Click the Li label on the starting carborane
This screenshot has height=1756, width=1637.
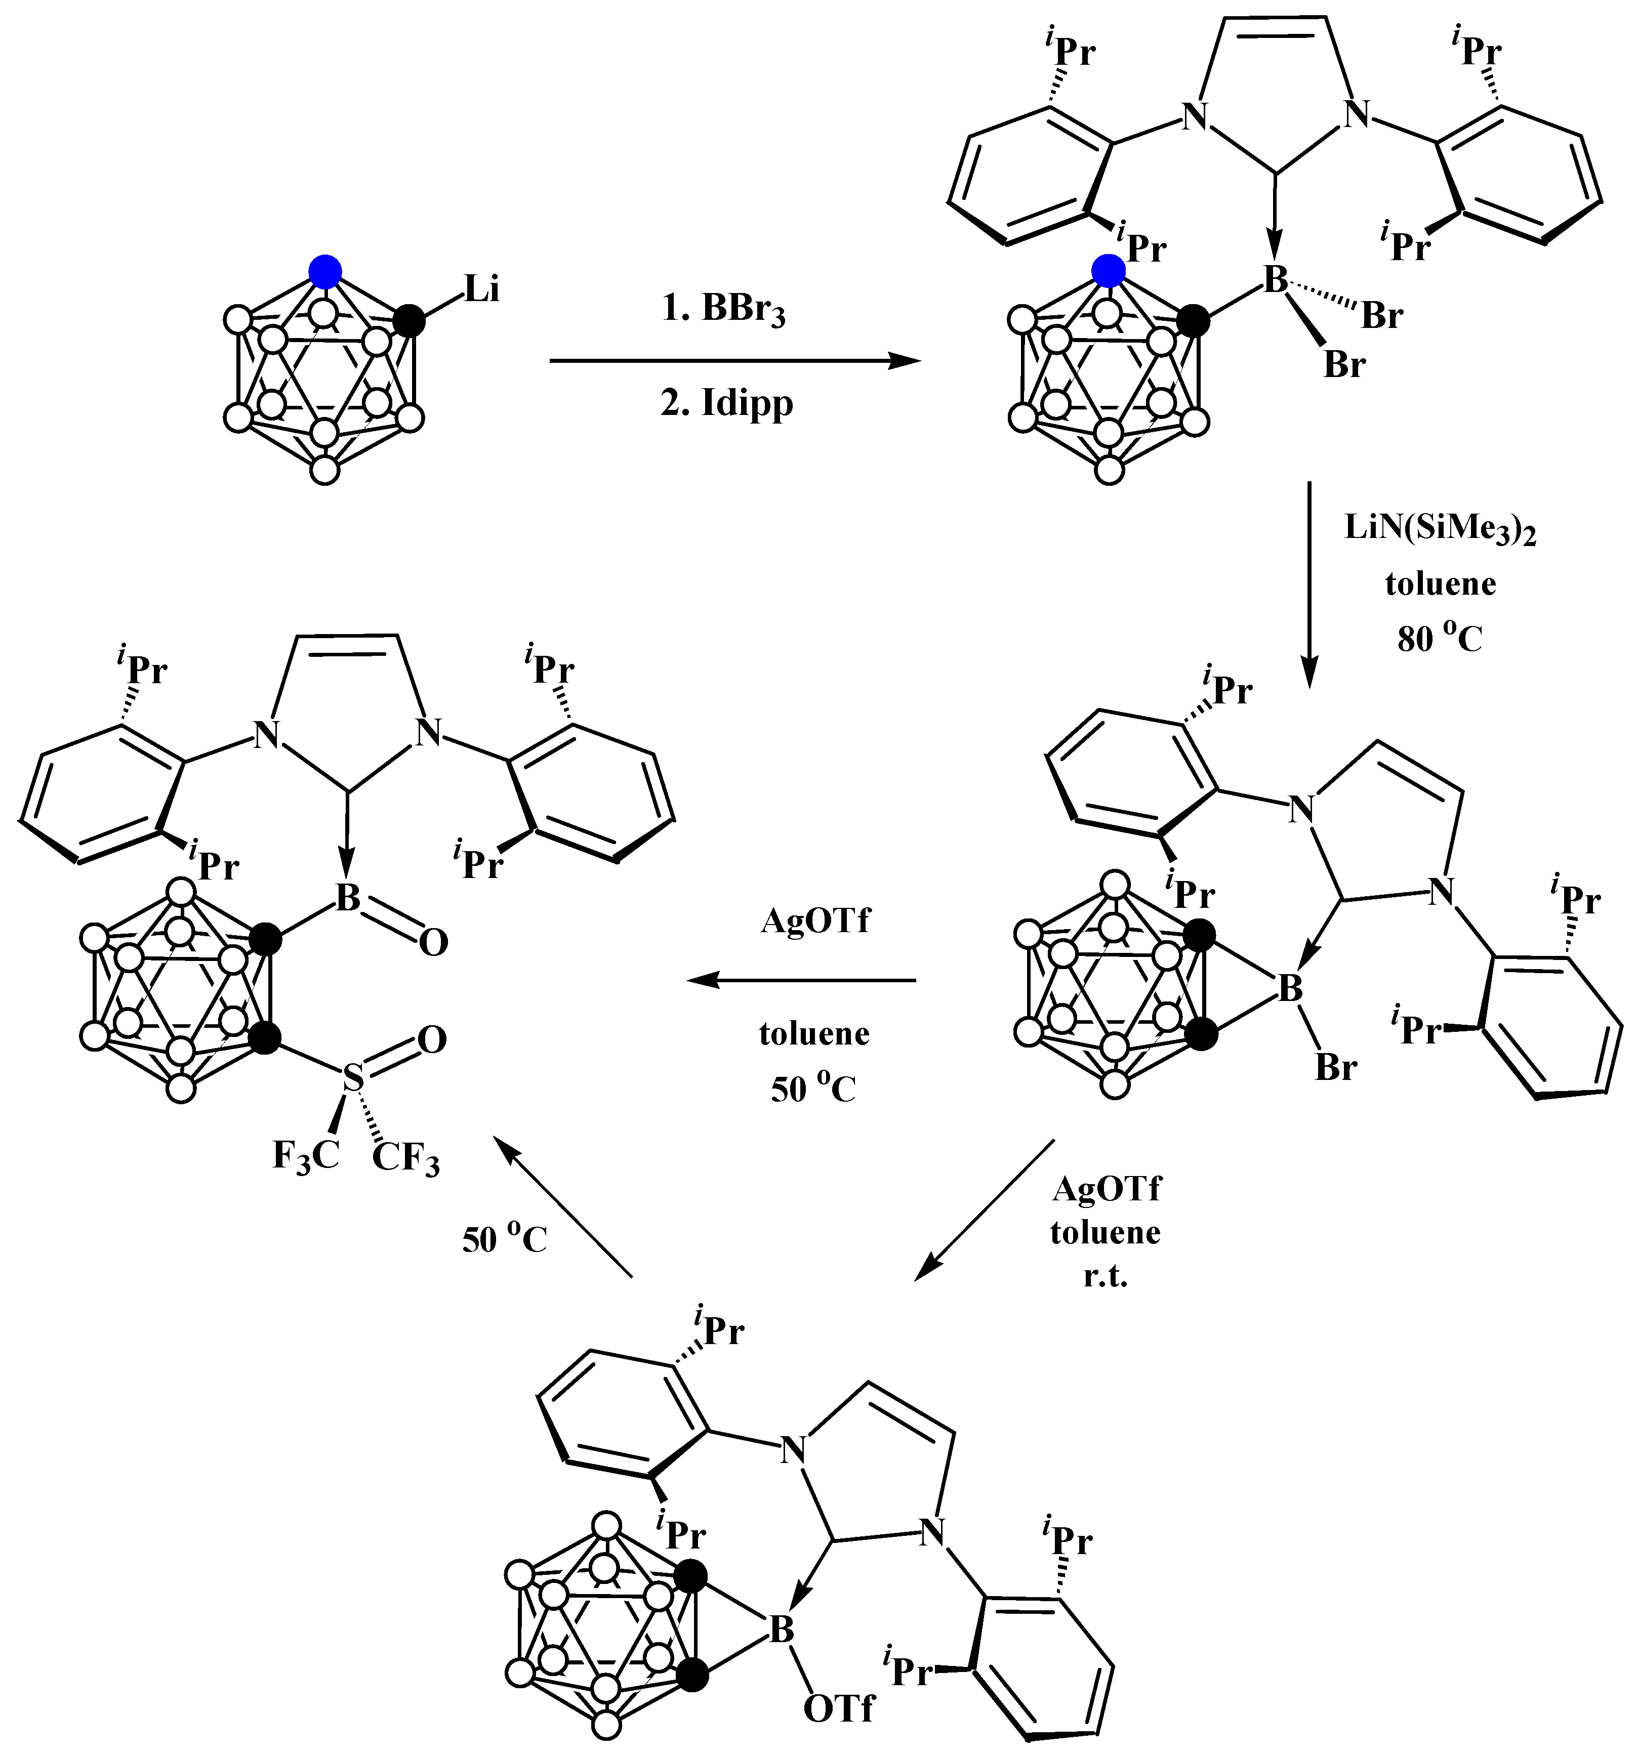(481, 290)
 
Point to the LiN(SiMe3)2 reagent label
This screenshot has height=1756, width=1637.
(1440, 529)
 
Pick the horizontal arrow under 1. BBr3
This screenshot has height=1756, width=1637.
(733, 360)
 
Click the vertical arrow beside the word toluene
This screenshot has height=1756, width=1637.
(1309, 583)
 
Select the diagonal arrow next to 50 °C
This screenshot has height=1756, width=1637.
(563, 1206)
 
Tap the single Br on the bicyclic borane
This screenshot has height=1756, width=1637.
(1336, 1068)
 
